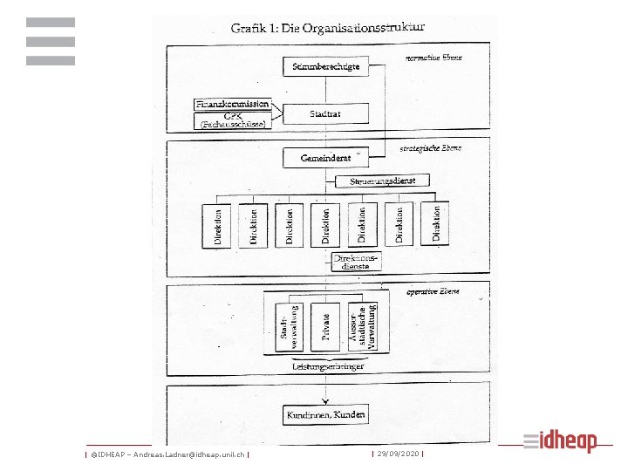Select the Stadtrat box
(324, 113)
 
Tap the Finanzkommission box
(232, 105)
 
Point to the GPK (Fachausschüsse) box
(232, 120)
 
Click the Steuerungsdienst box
(382, 181)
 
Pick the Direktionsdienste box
(358, 262)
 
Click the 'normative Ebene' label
(433, 58)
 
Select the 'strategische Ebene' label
(431, 148)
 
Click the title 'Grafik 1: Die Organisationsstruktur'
(327, 28)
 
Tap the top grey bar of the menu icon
(51, 22)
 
